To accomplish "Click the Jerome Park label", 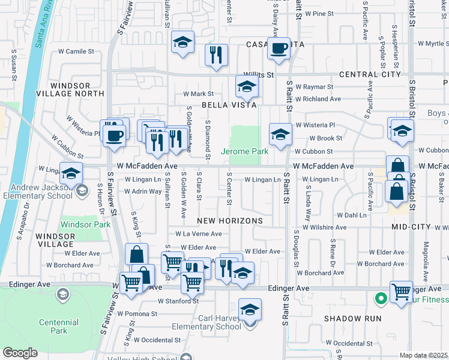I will [x=245, y=152].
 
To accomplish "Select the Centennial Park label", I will [x=59, y=326].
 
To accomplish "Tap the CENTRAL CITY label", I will [x=369, y=74].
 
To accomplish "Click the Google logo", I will [x=20, y=353].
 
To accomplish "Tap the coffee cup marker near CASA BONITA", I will [x=279, y=49].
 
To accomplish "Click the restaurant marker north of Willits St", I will [x=216, y=55].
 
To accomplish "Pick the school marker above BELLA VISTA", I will [x=246, y=86].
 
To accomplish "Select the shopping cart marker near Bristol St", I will [x=401, y=292].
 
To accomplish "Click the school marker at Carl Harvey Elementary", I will [x=250, y=310].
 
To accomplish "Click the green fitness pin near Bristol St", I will [x=379, y=298].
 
